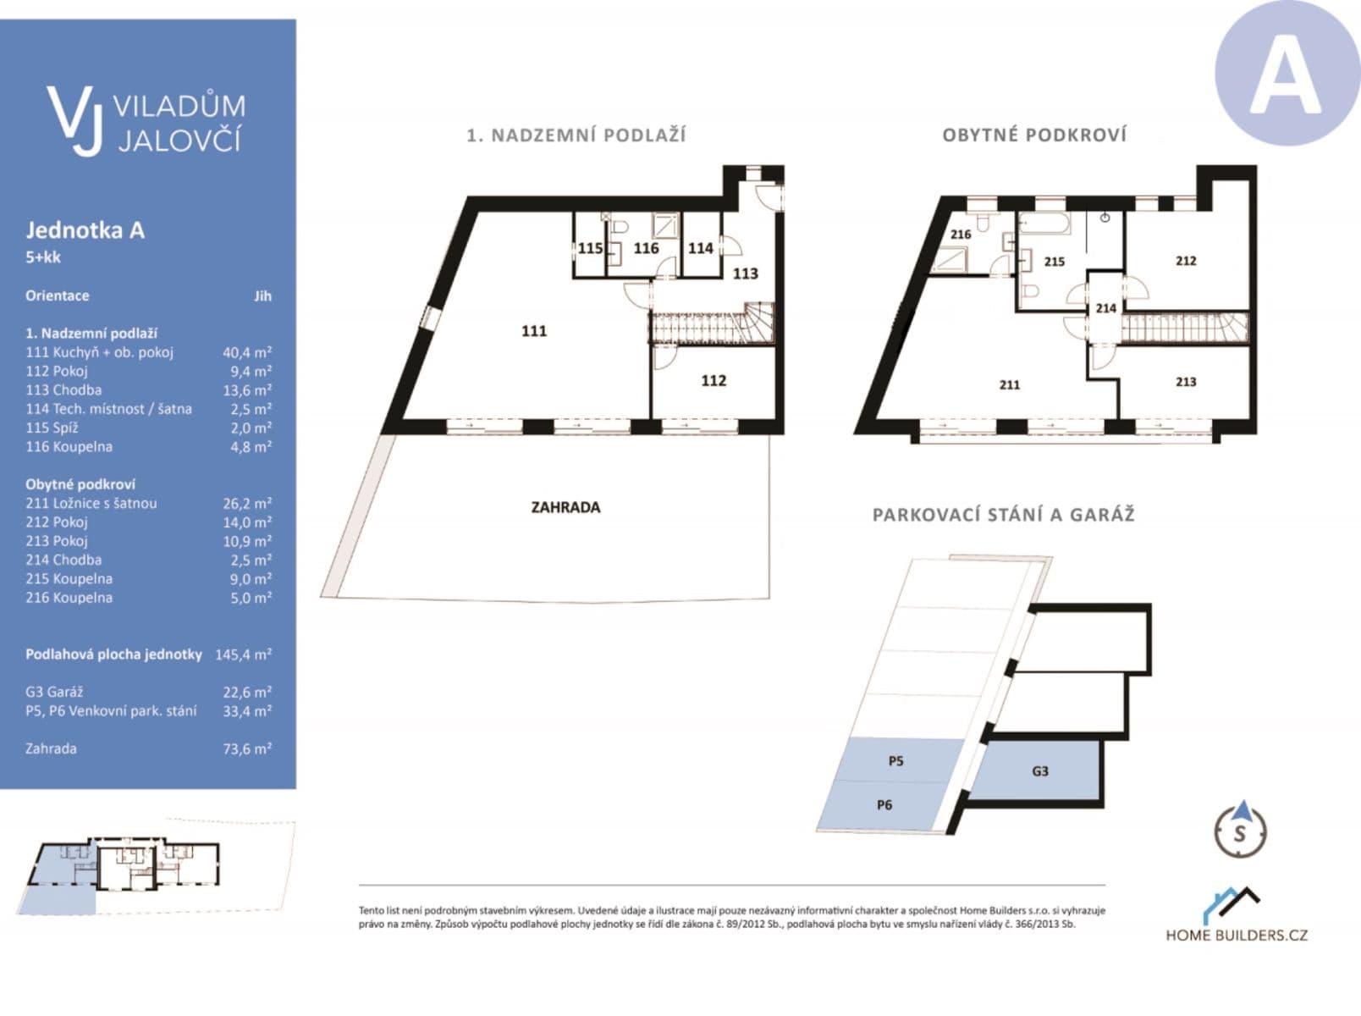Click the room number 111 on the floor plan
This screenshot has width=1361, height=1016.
coord(533,331)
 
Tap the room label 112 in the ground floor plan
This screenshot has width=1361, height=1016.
coord(713,381)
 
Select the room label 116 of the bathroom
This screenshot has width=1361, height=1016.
coord(646,248)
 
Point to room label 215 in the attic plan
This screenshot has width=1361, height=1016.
coord(1054,262)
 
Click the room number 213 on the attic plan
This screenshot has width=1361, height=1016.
coord(1185,382)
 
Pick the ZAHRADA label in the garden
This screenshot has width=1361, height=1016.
coord(565,507)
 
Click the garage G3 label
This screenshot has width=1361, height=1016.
coord(1039,771)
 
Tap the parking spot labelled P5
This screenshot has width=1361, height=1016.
coord(895,761)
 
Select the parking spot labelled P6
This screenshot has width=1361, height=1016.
coord(884,805)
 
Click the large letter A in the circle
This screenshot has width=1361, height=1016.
coord(1286,75)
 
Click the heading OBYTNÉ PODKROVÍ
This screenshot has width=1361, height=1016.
coord(1033,135)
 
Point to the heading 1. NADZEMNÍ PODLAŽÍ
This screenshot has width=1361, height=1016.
coord(576,135)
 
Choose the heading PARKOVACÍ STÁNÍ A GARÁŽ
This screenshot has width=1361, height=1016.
coord(1003,515)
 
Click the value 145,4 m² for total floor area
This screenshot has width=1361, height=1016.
coord(243,654)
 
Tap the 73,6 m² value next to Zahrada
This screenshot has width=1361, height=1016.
coord(246,748)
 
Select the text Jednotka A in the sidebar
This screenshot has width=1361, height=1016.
coord(85,230)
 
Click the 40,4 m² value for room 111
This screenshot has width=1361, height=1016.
coord(246,352)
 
